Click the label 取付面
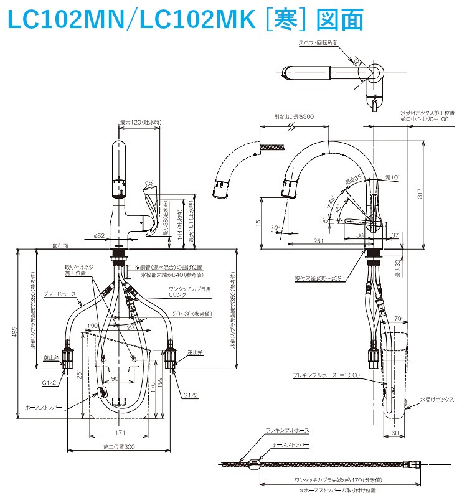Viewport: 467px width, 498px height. click(x=60, y=246)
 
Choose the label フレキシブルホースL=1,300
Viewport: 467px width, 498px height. click(x=328, y=375)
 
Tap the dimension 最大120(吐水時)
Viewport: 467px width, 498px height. click(x=140, y=122)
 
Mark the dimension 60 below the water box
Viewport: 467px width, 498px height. click(x=395, y=431)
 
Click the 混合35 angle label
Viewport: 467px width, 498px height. click(x=353, y=180)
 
